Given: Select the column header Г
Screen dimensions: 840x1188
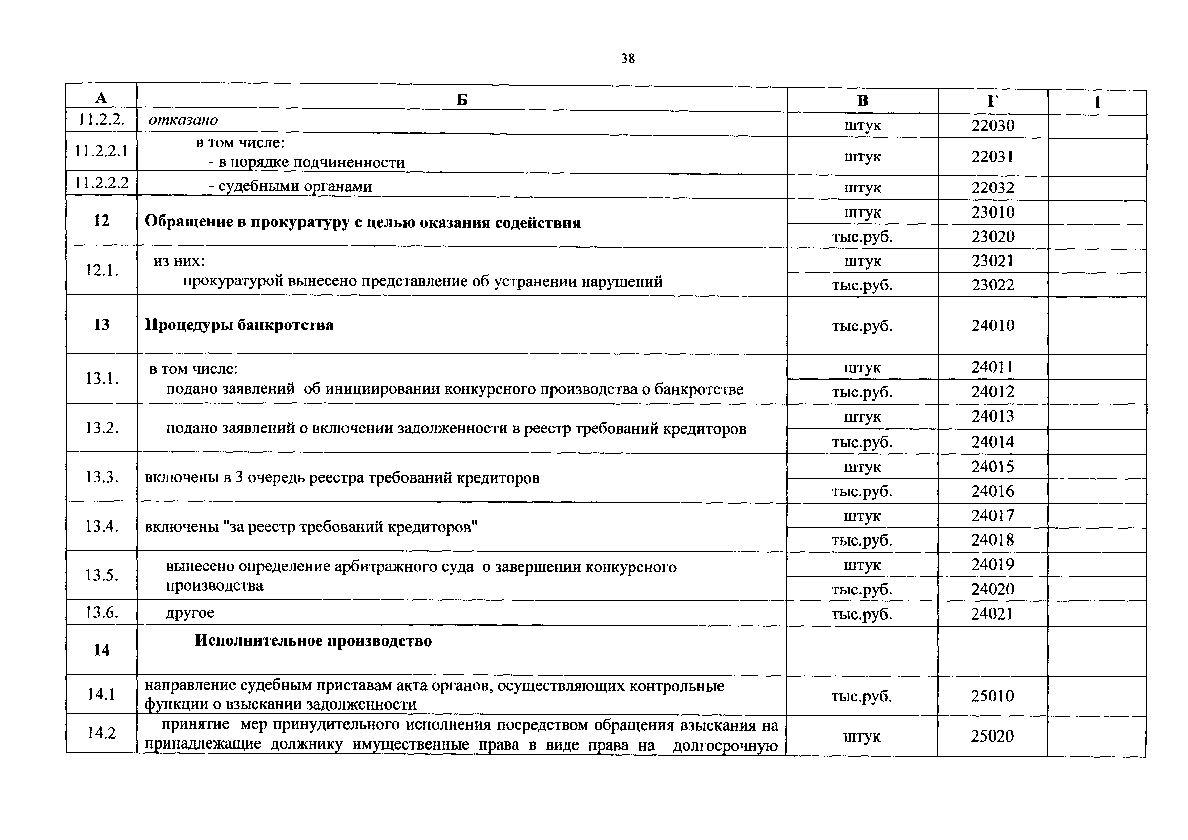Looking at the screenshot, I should (x=993, y=101).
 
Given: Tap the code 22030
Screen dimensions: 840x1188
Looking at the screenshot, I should (x=993, y=126).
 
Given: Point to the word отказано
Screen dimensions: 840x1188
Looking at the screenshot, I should (x=183, y=120).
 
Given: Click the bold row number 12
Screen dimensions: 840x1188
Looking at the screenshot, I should (x=101, y=221).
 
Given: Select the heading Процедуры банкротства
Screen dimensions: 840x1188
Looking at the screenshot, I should (x=239, y=325).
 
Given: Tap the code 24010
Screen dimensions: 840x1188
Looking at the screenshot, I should (x=993, y=326).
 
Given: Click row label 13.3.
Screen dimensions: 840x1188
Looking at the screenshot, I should (x=101, y=477).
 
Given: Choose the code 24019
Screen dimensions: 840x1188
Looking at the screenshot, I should (x=993, y=564).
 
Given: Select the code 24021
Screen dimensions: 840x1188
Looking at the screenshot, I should (x=993, y=614).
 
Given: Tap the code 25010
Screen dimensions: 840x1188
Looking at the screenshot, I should (x=993, y=696).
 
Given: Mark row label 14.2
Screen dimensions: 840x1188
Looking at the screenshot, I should (x=101, y=732).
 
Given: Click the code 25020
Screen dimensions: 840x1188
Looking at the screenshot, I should (x=993, y=736).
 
